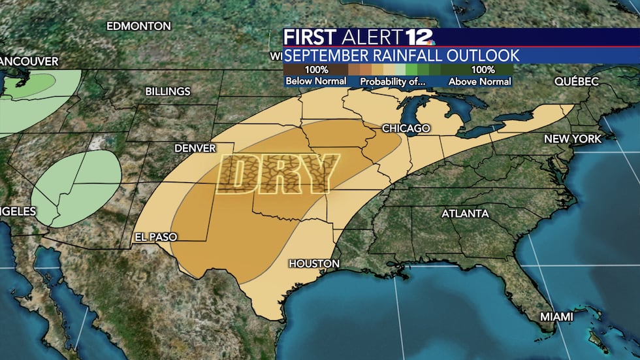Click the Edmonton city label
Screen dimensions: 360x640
pyautogui.click(x=138, y=26)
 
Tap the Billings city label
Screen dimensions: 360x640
pyautogui.click(x=168, y=91)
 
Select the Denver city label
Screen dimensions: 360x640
pyautogui.click(x=195, y=148)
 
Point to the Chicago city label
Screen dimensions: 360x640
pyautogui.click(x=406, y=128)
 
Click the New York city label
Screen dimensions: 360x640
pyautogui.click(x=573, y=139)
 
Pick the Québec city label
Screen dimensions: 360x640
pyautogui.click(x=577, y=82)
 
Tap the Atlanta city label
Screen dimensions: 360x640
pyautogui.click(x=465, y=214)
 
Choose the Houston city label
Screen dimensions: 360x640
pyautogui.click(x=314, y=263)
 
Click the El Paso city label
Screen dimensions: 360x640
pyautogui.click(x=155, y=237)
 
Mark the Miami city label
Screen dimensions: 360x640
pyautogui.click(x=556, y=316)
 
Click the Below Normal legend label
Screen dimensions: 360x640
pyautogui.click(x=315, y=82)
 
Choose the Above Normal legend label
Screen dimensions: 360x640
pyautogui.click(x=480, y=82)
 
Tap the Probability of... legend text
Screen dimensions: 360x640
pyautogui.click(x=392, y=82)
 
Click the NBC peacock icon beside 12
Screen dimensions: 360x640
pyautogui.click(x=430, y=41)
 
